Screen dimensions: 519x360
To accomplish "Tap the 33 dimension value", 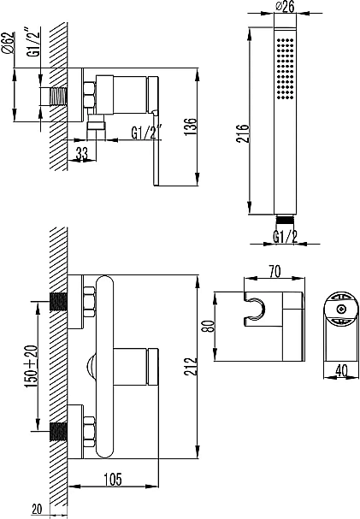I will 82,155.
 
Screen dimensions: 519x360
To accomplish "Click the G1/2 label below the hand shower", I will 285,236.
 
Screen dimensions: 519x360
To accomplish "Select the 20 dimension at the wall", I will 36,510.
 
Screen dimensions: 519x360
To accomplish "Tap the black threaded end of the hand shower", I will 285,219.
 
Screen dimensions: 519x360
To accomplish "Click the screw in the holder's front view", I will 339,309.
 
